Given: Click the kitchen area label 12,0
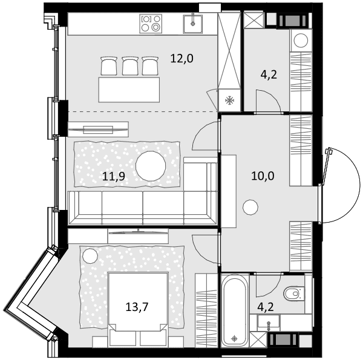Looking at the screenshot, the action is [181, 59].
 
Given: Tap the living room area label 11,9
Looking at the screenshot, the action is [114, 177].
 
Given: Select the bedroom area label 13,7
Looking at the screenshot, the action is [137, 307].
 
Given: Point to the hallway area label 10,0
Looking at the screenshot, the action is [263, 176].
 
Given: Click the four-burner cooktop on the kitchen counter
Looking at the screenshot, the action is [151, 24].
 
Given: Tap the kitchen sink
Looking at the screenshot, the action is [192, 24].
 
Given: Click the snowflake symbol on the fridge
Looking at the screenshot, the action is [230, 100].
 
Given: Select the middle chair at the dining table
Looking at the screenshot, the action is [130, 66].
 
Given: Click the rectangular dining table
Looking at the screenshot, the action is [129, 90].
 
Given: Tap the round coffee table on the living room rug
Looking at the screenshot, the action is [151, 166].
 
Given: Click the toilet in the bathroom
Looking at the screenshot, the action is [294, 293].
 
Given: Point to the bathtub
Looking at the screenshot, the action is [235, 310].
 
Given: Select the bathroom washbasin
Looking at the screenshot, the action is [269, 322].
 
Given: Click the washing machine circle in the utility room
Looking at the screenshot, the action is [301, 41].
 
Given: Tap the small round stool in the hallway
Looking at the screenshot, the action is [250, 208].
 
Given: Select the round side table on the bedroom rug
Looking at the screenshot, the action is [90, 255].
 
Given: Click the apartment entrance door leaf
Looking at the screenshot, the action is [324, 166].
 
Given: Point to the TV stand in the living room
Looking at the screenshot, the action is [98, 129].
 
